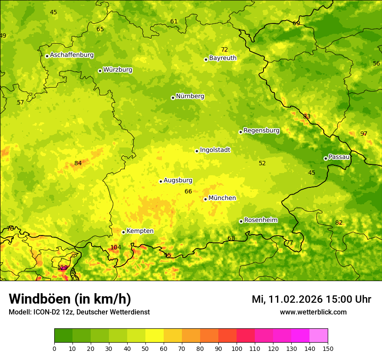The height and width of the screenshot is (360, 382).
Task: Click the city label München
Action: pos(222,198)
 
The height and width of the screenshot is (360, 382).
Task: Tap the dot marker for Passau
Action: pos(326,158)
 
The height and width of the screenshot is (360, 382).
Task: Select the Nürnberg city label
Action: pos(190,96)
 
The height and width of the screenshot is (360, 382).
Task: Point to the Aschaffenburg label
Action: pos(72,55)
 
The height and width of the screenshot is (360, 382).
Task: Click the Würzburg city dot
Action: pos(100,71)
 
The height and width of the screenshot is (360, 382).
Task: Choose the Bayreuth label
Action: pos(223,58)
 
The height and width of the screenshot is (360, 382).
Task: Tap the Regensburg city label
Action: pos(261,131)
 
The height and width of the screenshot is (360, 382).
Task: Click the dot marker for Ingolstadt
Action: pos(197,151)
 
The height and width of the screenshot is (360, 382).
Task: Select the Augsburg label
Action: pos(178,180)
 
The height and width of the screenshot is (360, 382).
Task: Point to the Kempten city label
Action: pos(140,231)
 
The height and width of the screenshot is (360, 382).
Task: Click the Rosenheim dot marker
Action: pos(241,221)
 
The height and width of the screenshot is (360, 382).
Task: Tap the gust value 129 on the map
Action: pos(63,268)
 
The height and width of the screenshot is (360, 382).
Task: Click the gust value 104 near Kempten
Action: pos(115,247)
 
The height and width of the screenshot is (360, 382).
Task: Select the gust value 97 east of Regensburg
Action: pos(364,134)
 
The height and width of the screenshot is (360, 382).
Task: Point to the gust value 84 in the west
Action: pos(78,163)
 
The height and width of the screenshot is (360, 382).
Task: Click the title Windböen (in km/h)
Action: pos(70,299)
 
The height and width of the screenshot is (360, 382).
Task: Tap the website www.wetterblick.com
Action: pos(313,312)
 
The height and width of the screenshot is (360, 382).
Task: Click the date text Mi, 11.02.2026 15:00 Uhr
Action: pos(311,299)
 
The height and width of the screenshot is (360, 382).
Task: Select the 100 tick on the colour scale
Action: pos(237,348)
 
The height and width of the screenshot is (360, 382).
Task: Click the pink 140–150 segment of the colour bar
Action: pos(319,335)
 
